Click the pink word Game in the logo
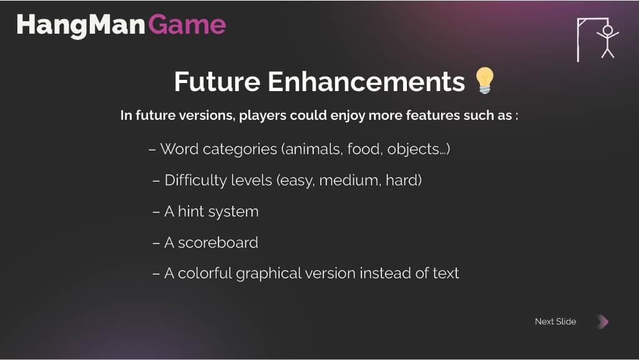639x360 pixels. click(x=187, y=25)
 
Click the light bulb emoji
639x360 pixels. click(x=484, y=80)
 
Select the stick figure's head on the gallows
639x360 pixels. click(x=608, y=30)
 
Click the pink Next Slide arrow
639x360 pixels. click(x=603, y=321)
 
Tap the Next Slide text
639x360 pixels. click(x=555, y=321)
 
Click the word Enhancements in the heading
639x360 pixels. click(x=366, y=82)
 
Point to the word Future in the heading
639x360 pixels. click(x=217, y=82)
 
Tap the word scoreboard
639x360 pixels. click(x=218, y=243)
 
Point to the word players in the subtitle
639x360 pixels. click(x=263, y=115)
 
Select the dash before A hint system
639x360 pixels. click(x=156, y=212)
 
